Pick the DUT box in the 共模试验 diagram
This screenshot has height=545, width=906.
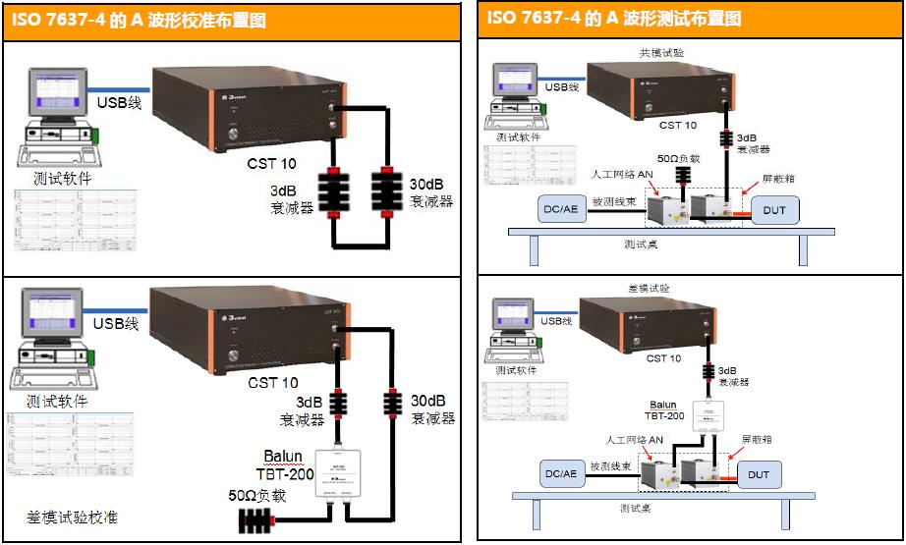tap(774, 209)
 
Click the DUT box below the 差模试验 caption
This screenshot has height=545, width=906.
tap(759, 475)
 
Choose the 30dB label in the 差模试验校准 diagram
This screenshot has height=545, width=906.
tap(428, 401)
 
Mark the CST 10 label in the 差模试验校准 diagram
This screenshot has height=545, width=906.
tap(272, 383)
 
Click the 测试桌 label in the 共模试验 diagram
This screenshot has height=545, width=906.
tap(643, 244)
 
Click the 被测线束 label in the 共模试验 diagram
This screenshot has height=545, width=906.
tap(611, 200)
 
